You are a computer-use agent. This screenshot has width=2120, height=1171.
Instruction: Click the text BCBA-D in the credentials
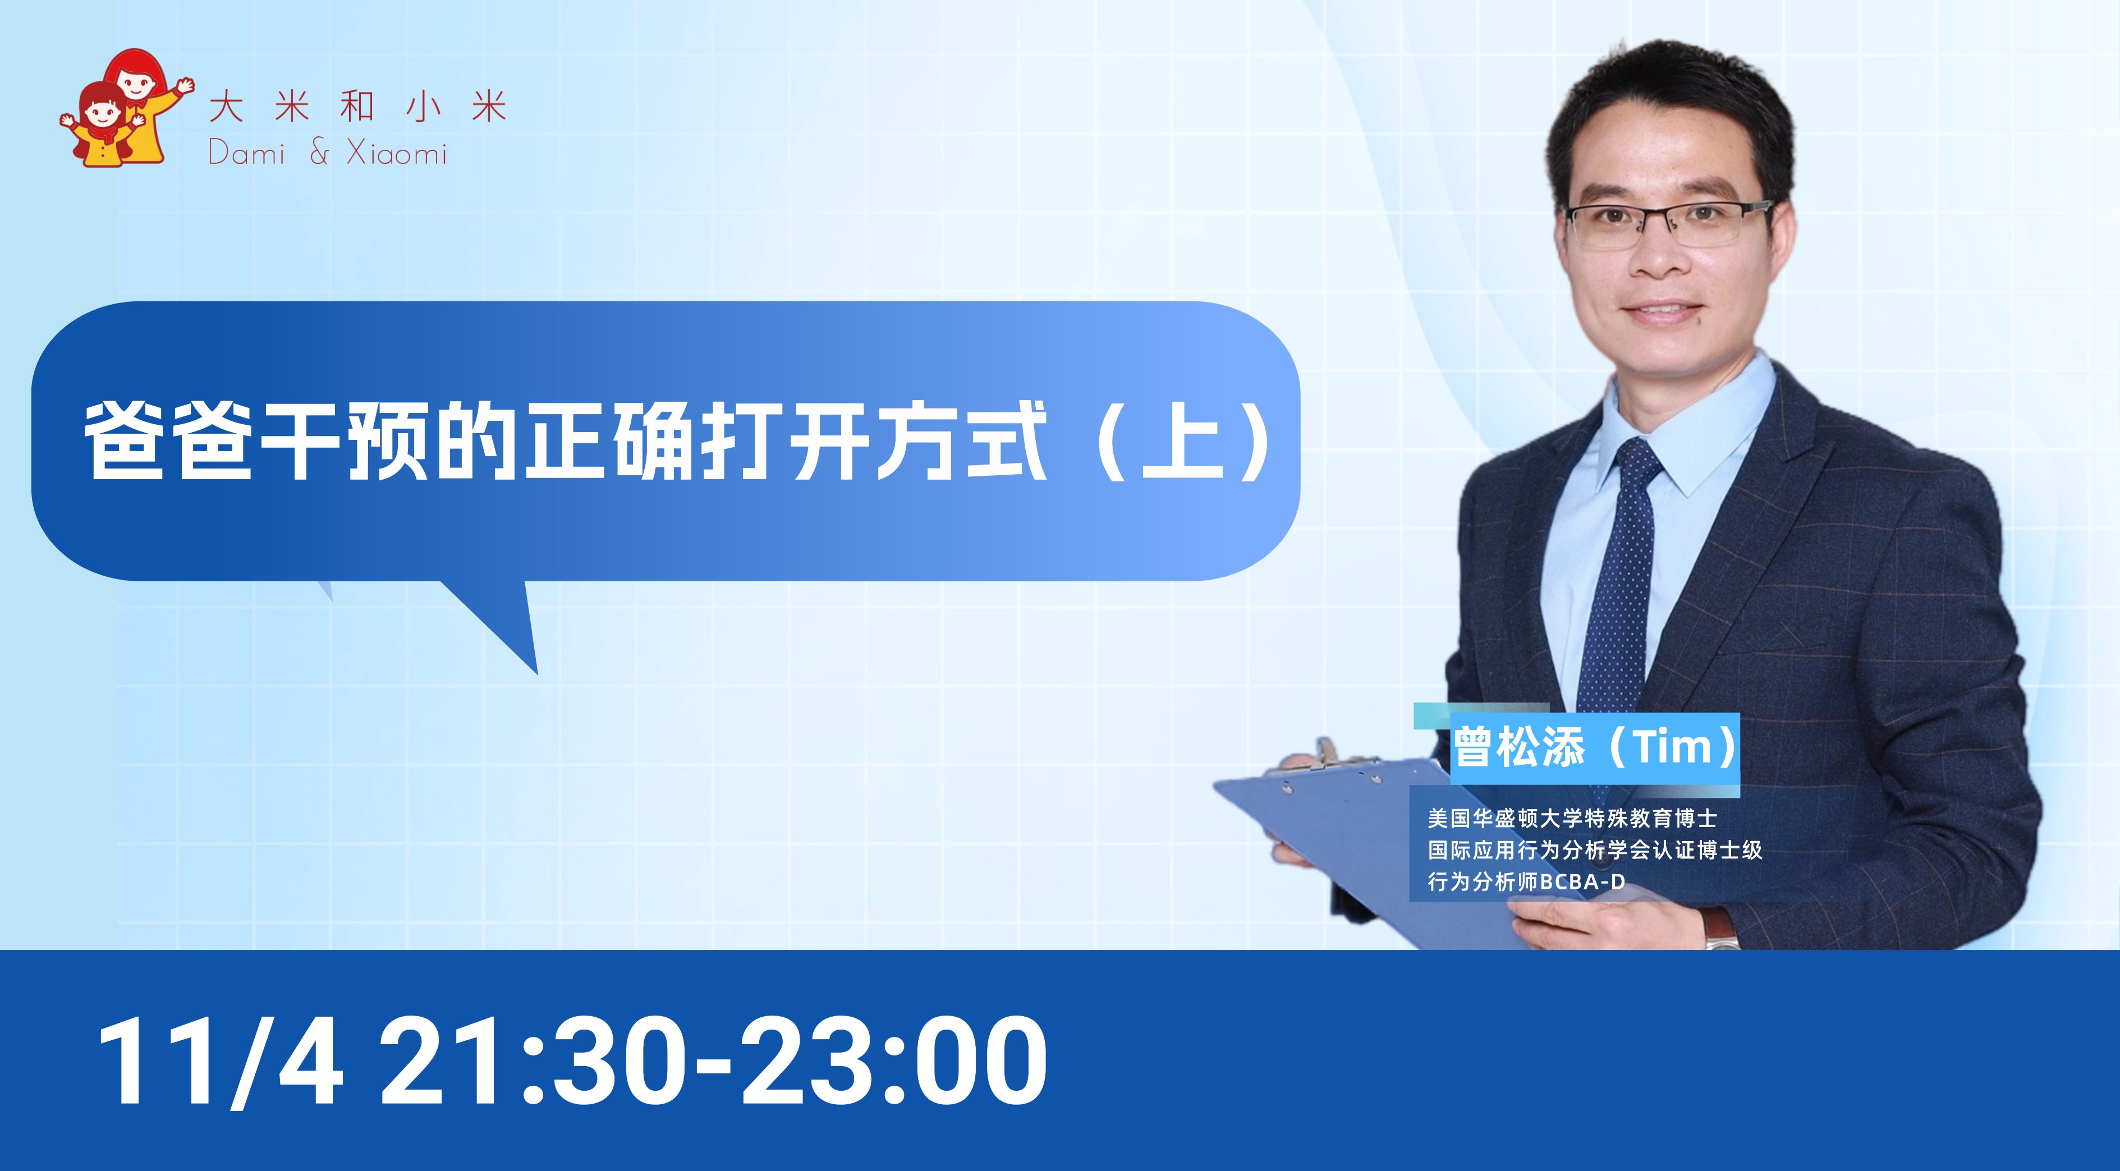click(1582, 882)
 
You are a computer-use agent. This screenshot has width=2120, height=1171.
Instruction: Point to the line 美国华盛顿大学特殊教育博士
click(1572, 818)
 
